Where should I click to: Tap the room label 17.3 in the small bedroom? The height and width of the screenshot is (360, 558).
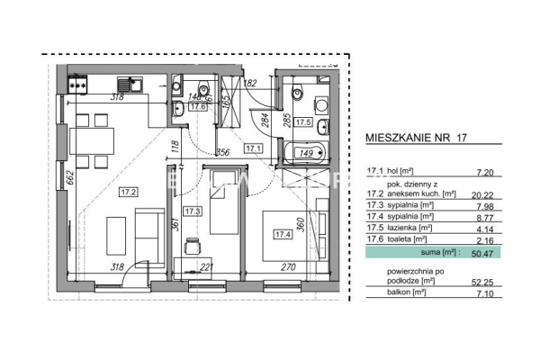192,211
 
